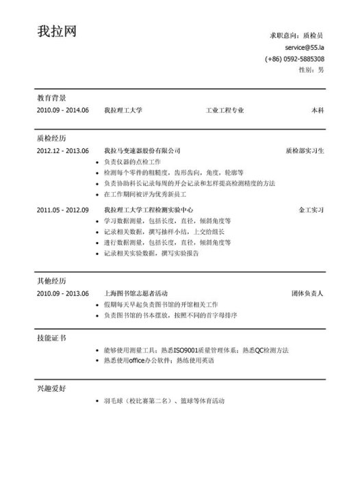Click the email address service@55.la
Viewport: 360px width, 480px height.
[305, 48]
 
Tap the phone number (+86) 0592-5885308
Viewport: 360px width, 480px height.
[295, 59]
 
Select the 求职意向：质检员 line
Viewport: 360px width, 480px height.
[296, 35]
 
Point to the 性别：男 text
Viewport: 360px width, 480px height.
[311, 70]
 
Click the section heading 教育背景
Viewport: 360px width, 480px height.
[51, 98]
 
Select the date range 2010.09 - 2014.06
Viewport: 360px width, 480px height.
[63, 110]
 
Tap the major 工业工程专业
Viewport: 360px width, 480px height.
[224, 110]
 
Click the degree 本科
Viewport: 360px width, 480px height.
[318, 110]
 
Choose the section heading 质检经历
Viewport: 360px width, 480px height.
[51, 137]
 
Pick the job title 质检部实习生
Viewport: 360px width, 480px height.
[305, 150]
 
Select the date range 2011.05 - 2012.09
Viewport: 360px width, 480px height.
[63, 209]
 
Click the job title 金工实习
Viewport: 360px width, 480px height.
[311, 209]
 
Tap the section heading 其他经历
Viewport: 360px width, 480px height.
[51, 281]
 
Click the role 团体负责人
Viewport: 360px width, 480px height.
[307, 293]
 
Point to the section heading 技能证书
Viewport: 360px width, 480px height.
[51, 338]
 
